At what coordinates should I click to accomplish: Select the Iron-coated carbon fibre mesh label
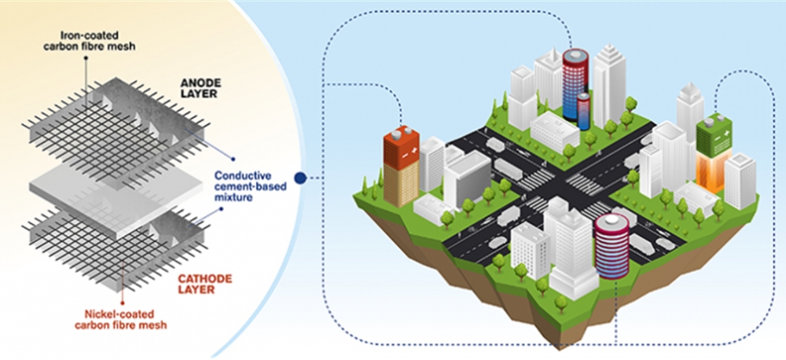(105, 41)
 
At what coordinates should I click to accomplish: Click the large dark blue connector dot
(299, 178)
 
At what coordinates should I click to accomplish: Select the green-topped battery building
(714, 153)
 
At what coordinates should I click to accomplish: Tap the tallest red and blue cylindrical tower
(575, 84)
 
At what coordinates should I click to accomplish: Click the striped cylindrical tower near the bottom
(612, 244)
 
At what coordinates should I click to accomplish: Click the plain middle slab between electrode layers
(116, 197)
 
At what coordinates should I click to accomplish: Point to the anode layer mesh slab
(116, 133)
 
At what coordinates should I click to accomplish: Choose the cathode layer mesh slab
(116, 247)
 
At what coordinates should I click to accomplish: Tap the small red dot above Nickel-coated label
(123, 303)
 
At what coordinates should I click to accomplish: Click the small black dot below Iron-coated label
(86, 57)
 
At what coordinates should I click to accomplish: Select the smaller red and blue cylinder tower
(583, 111)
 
